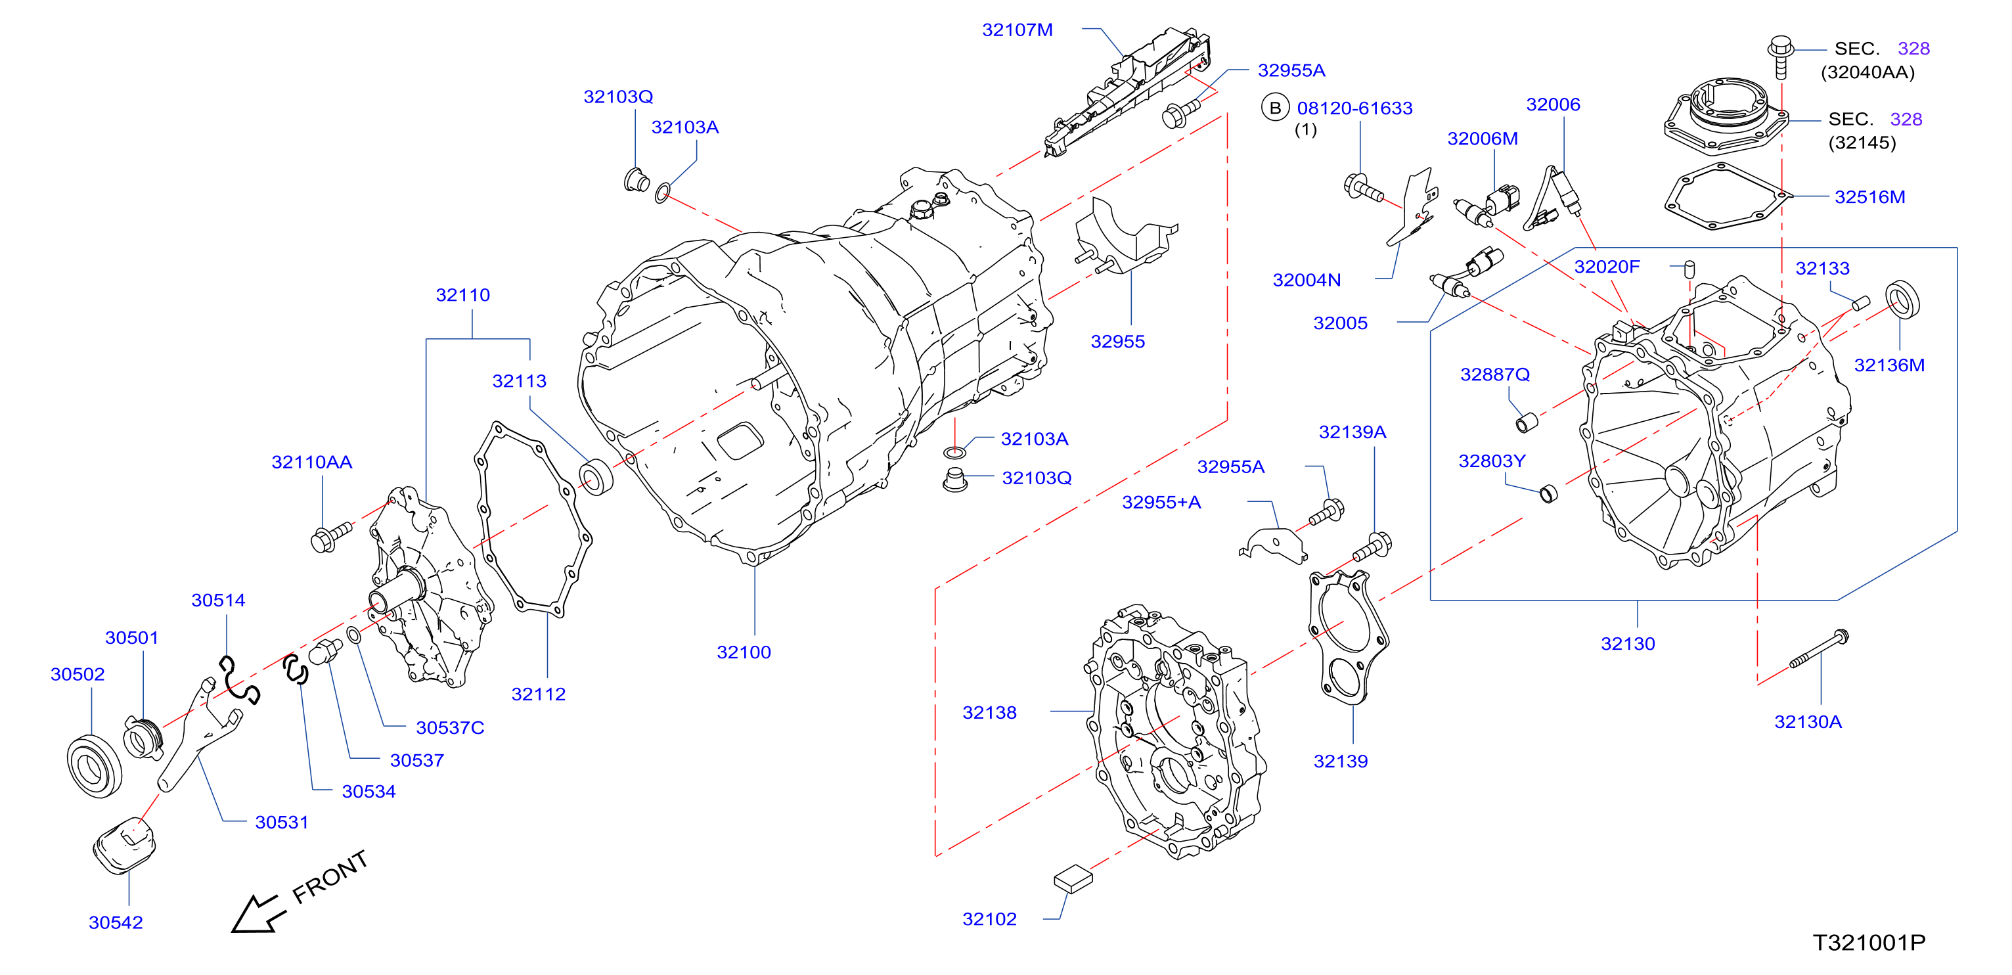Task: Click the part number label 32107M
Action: pyautogui.click(x=1017, y=30)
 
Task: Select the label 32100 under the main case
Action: pyautogui.click(x=744, y=652)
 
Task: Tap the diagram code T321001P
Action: pyautogui.click(x=1869, y=943)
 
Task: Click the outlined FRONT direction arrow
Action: pyautogui.click(x=257, y=913)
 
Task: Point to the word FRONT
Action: pyautogui.click(x=330, y=876)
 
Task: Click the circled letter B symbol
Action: pyautogui.click(x=1276, y=108)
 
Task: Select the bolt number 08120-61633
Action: pyautogui.click(x=1354, y=108)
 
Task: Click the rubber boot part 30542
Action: pyautogui.click(x=125, y=846)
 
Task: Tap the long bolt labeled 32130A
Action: pyautogui.click(x=1819, y=648)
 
